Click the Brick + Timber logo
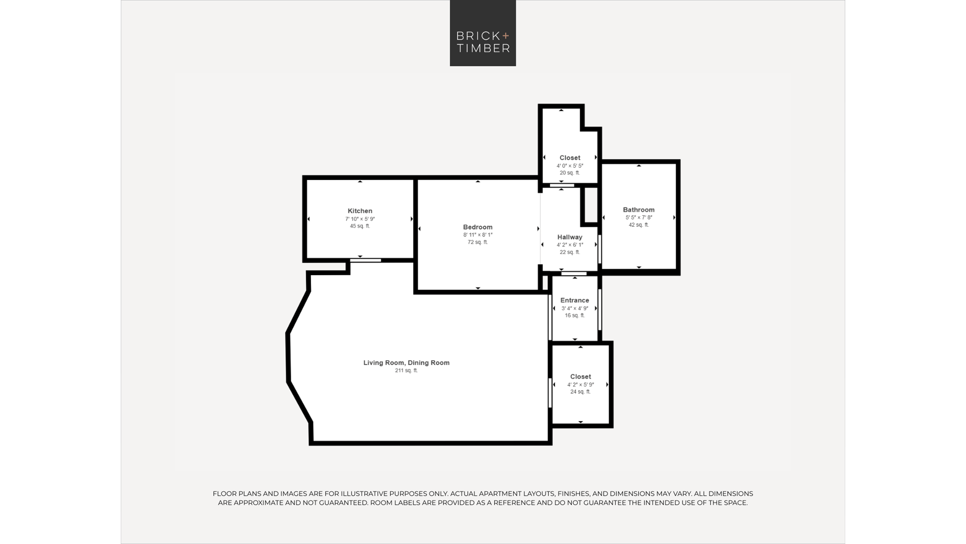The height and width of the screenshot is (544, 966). pos(483,33)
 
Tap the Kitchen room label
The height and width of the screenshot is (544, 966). pos(360,211)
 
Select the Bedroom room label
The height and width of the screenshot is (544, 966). pos(478,227)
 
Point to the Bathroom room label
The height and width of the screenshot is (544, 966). pos(639,210)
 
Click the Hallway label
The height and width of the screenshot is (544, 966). pos(570,237)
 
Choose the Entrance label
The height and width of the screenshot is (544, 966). pos(575,300)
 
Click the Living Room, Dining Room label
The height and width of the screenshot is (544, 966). pos(406,363)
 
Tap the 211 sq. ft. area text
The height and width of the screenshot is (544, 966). pos(406,370)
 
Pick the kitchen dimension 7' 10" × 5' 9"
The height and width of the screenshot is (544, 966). pos(360,219)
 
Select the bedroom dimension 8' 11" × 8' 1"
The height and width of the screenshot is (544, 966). pos(478,235)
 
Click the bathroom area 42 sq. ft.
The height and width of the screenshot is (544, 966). pos(639,225)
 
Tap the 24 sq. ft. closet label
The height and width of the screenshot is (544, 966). pos(581,392)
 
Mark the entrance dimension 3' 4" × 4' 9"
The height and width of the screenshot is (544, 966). pos(575,308)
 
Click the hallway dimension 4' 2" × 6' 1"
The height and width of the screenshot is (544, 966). pos(570,245)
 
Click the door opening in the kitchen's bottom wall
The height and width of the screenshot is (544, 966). pos(366,260)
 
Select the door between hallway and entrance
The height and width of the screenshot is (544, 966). pos(574,274)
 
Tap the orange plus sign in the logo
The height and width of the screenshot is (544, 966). pos(506,35)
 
